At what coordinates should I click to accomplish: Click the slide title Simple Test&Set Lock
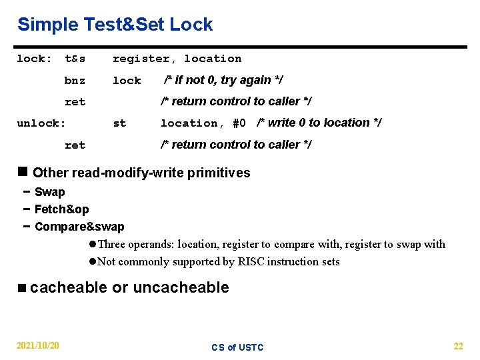tap(115, 25)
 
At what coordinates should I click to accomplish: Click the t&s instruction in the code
tap(75, 59)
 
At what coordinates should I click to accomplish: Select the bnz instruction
tap(75, 81)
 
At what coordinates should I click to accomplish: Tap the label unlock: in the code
tap(41, 123)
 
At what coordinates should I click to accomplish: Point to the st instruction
tap(119, 123)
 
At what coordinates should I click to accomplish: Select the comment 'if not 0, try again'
tap(224, 80)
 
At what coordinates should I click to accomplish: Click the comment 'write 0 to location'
tap(319, 123)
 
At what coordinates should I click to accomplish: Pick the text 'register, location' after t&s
tap(177, 59)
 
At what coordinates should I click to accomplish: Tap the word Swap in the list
tap(50, 193)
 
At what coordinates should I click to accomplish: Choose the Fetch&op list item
tap(61, 209)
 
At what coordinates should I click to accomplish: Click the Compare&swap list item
tap(79, 227)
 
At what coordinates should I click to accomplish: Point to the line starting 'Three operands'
tap(271, 244)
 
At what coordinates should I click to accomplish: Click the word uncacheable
tap(181, 287)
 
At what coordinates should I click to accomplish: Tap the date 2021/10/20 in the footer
tap(38, 345)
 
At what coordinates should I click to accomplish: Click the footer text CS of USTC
tap(237, 347)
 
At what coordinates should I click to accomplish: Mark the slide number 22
tap(458, 345)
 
